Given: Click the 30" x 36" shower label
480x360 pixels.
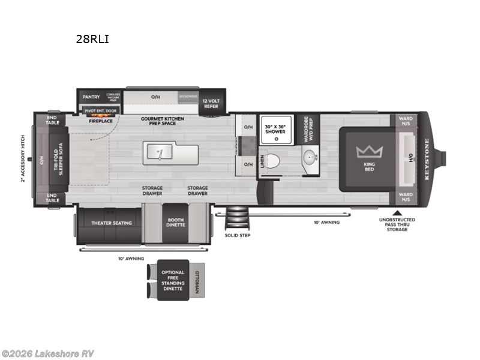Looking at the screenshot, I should (275, 129).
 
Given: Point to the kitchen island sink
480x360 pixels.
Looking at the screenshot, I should (160, 153).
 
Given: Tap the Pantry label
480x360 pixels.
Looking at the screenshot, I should (91, 97).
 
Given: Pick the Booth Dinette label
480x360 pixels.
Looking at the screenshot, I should (176, 222).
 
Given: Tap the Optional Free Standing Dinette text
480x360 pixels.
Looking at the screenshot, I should (173, 280).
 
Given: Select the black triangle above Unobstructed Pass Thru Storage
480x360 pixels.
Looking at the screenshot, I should (397, 212).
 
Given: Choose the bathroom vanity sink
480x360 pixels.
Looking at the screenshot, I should (310, 159).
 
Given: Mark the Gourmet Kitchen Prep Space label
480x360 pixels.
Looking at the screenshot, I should (163, 122).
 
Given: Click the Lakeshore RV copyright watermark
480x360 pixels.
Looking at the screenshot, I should (47, 353).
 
